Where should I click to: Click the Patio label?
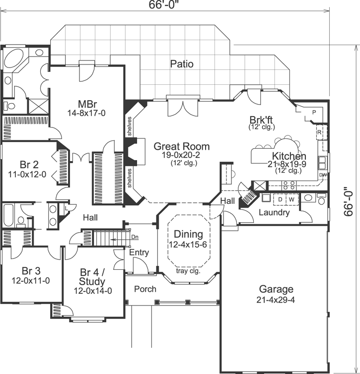point(181,64)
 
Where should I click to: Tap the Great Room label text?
point(181,146)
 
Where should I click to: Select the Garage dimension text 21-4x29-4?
point(276,300)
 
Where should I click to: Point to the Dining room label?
point(188,234)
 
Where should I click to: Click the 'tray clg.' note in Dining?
point(188,271)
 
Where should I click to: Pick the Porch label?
point(145,289)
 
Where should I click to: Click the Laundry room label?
point(274,212)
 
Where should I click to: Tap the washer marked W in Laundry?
point(291,199)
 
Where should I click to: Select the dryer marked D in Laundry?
point(280,199)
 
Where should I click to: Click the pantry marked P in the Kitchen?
point(314,113)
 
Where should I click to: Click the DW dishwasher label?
point(323,175)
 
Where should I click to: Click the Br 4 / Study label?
point(92,277)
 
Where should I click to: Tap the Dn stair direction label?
point(135,237)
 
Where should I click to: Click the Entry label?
point(139,252)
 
